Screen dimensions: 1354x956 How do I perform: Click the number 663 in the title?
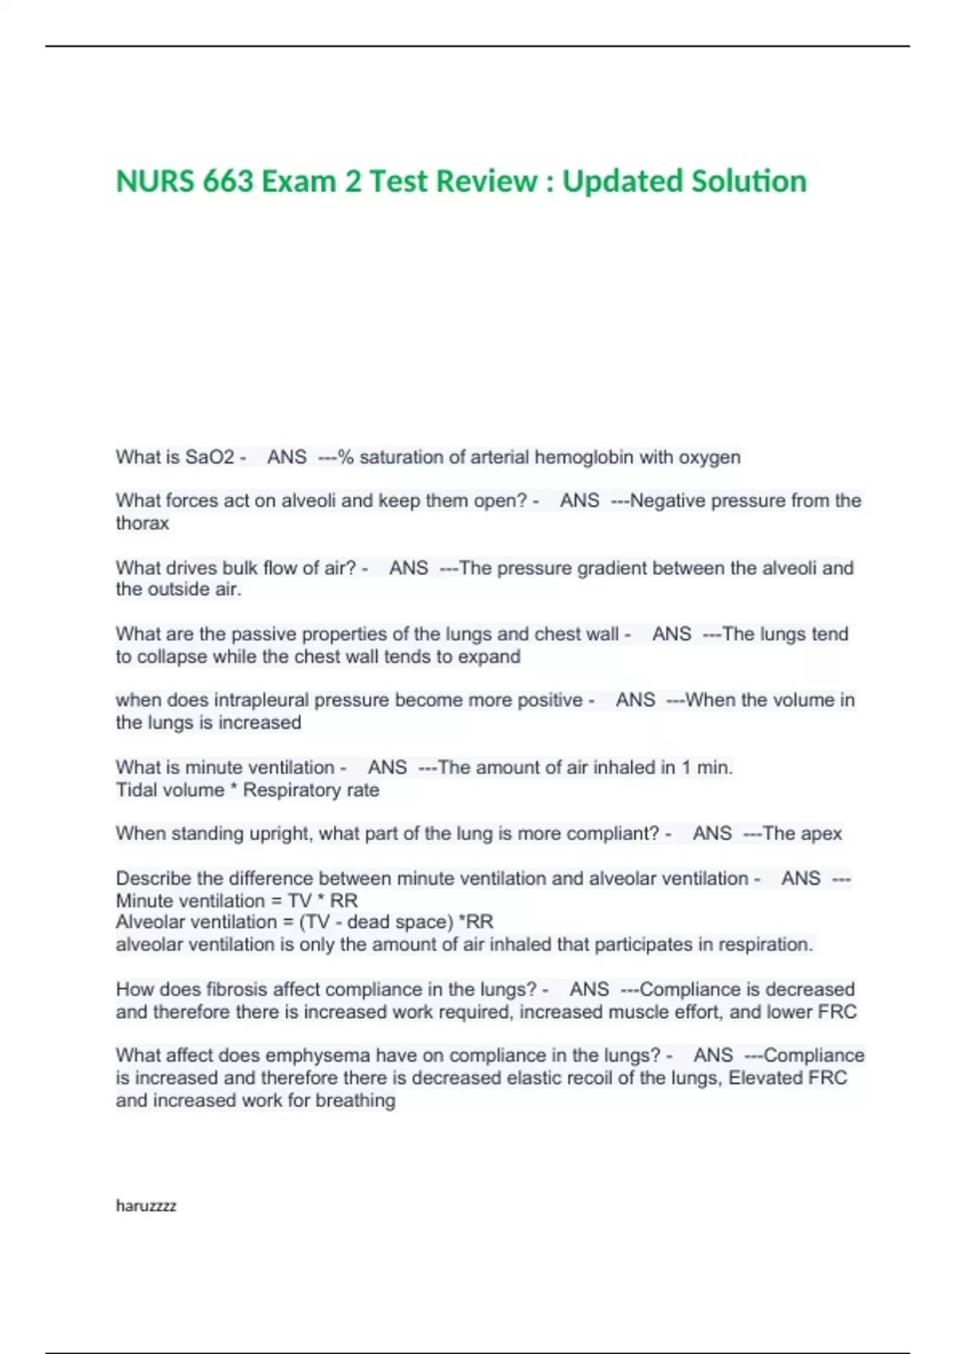(x=228, y=182)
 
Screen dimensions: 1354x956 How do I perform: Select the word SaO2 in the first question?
(x=210, y=457)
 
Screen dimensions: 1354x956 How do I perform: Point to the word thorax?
(x=142, y=523)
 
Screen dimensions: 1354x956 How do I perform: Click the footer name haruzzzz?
(x=146, y=1206)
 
